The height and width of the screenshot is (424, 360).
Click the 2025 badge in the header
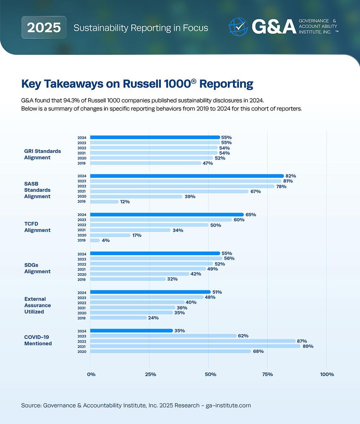44,27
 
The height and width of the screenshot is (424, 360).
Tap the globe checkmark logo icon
238,27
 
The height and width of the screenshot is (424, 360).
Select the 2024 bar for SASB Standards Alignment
187,176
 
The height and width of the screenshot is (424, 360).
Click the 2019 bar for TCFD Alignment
95,240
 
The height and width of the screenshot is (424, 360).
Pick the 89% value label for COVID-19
308,346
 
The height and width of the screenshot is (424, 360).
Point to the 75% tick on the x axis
267,374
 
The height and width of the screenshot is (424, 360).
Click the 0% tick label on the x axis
91,374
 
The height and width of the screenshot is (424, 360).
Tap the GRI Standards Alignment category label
42,154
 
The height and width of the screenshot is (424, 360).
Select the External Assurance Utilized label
37,305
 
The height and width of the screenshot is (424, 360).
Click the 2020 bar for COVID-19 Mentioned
170,351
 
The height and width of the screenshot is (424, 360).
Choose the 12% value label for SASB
125,202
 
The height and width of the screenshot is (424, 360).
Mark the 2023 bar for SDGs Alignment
156,258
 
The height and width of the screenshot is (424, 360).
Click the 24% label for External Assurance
153,318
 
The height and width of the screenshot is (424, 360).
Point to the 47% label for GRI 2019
207,163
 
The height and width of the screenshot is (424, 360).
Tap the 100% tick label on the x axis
327,374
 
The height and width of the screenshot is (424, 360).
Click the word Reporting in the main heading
226,84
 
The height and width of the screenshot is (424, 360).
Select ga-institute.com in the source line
228,405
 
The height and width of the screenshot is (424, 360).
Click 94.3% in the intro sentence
64,100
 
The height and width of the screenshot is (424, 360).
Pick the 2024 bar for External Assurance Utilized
150,292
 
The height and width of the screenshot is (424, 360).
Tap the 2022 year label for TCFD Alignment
82,225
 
